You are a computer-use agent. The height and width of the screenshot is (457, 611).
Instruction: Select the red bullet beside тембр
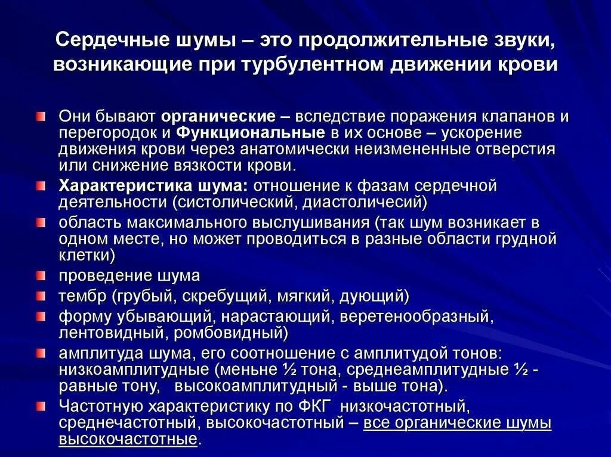tap(41, 296)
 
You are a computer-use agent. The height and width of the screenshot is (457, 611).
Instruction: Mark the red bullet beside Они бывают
tap(41, 116)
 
